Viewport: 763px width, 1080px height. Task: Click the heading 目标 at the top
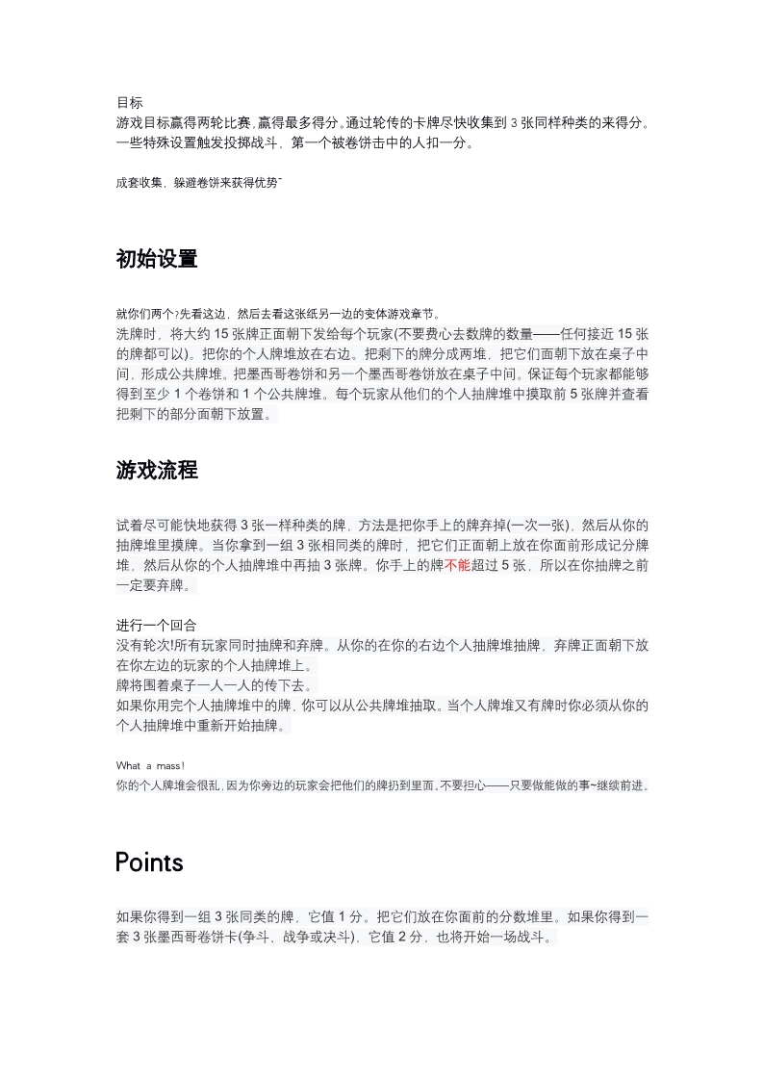tap(130, 102)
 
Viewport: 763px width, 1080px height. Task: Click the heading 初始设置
tap(156, 259)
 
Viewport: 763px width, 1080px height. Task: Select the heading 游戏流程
tap(156, 471)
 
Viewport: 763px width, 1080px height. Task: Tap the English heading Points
tap(149, 861)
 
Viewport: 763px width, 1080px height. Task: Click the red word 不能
tap(458, 566)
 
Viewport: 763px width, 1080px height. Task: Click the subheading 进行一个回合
tap(156, 626)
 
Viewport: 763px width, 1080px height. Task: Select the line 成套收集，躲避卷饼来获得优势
tap(198, 183)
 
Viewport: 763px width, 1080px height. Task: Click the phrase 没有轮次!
tap(146, 645)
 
